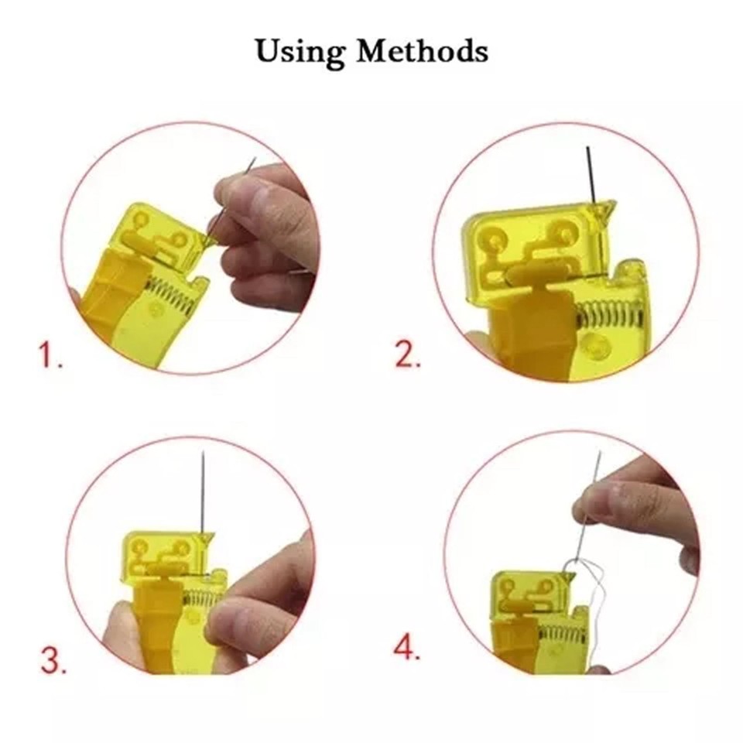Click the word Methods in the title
click(x=421, y=51)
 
